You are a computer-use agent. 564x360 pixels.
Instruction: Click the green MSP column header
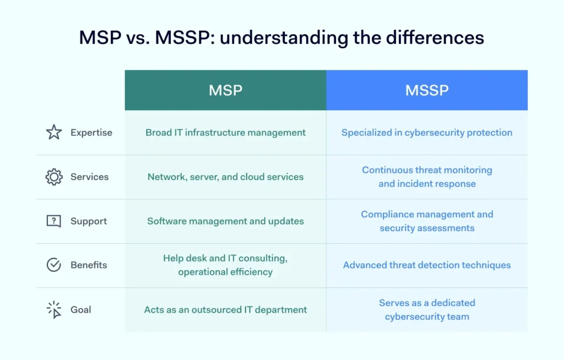(x=225, y=90)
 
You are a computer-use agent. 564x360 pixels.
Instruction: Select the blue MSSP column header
(x=427, y=90)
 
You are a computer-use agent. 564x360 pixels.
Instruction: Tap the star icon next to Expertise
(x=54, y=132)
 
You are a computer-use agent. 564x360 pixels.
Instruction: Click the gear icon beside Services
(x=54, y=177)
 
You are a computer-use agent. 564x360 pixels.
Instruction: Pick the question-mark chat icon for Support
(x=54, y=221)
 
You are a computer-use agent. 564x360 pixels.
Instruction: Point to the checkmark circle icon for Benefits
(x=54, y=265)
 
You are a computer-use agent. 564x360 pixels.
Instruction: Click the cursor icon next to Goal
(x=54, y=309)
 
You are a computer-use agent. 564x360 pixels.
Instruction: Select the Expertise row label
(x=91, y=133)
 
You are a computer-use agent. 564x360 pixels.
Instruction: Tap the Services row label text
(x=89, y=177)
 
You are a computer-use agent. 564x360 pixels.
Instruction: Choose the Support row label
(x=89, y=221)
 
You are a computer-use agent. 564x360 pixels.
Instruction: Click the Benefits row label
(x=89, y=265)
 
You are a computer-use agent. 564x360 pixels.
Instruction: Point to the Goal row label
(x=81, y=309)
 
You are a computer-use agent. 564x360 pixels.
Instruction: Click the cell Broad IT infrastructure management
(x=225, y=133)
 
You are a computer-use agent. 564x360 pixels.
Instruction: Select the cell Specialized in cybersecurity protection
(x=427, y=133)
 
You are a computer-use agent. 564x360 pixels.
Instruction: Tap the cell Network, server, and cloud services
(x=225, y=177)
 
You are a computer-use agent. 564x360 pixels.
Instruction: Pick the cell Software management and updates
(x=225, y=221)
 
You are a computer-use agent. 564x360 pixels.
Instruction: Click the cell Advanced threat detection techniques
(x=427, y=265)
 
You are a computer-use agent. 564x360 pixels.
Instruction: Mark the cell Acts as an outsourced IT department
(x=225, y=309)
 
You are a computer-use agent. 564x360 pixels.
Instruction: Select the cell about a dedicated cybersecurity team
(x=427, y=309)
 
